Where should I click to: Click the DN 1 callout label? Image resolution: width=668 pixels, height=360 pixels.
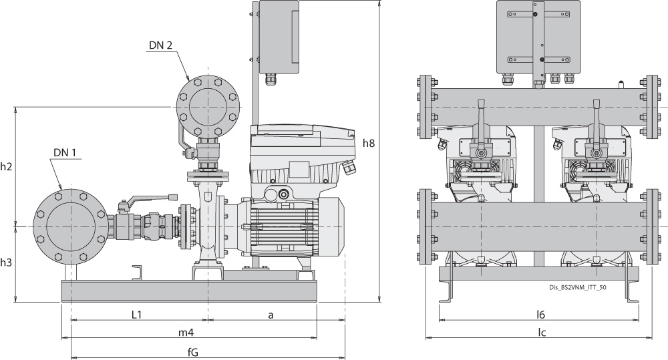click(x=67, y=152)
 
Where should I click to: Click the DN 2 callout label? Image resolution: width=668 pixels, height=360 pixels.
click(x=161, y=45)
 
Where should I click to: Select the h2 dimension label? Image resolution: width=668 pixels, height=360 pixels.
click(x=7, y=166)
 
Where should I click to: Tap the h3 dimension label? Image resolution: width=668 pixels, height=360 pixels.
click(x=7, y=263)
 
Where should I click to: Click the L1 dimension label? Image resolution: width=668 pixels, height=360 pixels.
click(x=136, y=314)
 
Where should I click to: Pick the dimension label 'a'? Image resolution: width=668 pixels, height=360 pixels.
click(x=272, y=314)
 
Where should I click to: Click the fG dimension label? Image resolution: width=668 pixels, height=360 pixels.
click(x=194, y=351)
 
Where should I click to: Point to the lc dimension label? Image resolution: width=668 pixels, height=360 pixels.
click(x=542, y=332)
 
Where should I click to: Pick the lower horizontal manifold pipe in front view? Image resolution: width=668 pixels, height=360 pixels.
click(x=534, y=227)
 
